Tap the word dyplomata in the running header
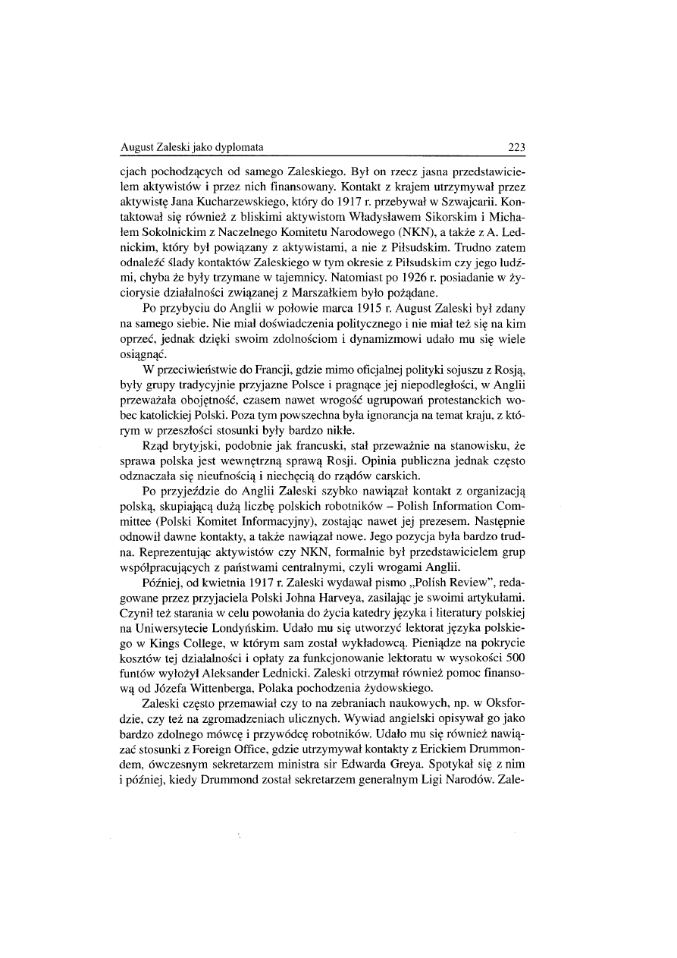(230, 147)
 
